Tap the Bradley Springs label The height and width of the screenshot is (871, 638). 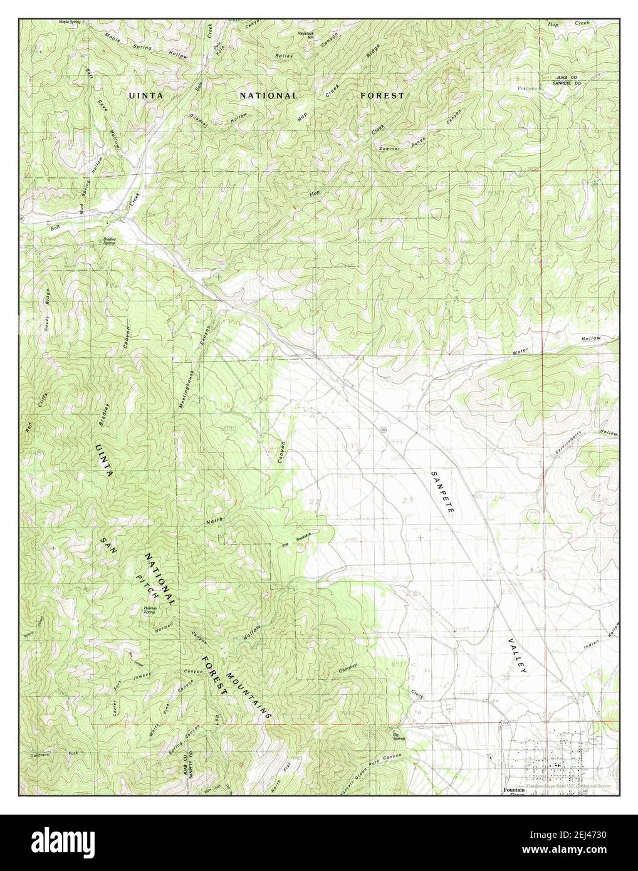pos(110,240)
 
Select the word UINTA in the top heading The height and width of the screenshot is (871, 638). pos(145,95)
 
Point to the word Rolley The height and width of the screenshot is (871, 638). pos(284,56)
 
